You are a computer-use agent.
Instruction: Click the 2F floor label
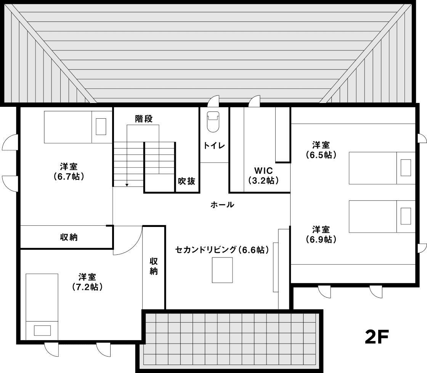coord(377,337)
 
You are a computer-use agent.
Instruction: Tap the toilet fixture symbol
coord(213,122)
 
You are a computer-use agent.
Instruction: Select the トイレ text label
coord(214,146)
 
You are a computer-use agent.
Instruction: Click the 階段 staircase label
coord(144,119)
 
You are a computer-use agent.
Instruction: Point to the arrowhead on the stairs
coord(127,185)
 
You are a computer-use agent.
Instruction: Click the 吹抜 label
coord(187,181)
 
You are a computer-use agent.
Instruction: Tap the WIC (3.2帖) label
coord(263,175)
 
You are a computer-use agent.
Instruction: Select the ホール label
coord(222,205)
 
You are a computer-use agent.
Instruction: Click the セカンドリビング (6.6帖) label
coord(222,250)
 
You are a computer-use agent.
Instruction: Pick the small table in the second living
coord(223,270)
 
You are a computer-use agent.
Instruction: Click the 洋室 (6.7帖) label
coord(69,171)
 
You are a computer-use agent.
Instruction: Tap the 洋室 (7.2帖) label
coord(87,282)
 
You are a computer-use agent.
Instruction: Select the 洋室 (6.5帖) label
coord(321,150)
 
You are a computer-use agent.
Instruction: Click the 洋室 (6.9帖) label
coord(321,234)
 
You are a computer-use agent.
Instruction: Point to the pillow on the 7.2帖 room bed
coord(42,331)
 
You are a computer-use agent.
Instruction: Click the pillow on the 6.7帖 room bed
coord(101,126)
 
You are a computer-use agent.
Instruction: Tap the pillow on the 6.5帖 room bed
coord(406,167)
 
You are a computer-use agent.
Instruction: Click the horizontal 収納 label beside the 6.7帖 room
coord(69,237)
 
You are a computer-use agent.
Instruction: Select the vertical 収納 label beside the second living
coord(154,266)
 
